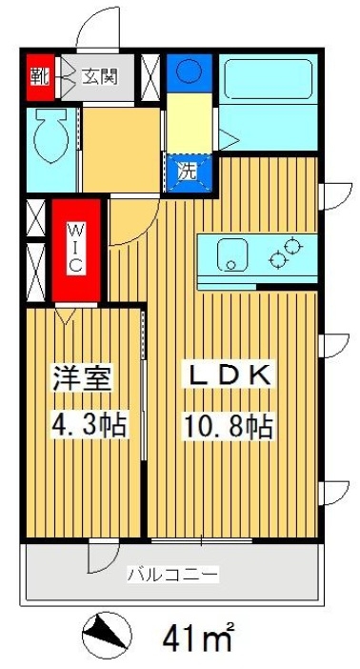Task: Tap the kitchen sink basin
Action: pos(230,254)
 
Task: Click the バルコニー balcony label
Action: pos(173,574)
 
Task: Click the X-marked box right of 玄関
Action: pos(150,77)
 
